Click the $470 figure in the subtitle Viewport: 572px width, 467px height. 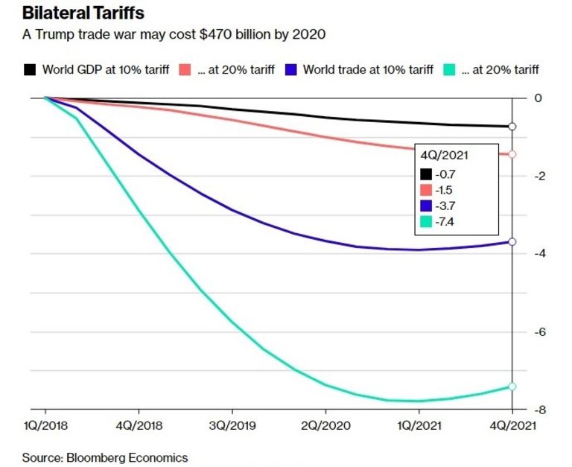click(187, 35)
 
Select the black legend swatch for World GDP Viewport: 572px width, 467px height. click(30, 70)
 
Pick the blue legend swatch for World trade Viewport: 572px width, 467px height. click(291, 70)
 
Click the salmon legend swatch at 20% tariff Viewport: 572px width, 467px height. click(185, 70)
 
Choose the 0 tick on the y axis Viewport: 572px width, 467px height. click(538, 98)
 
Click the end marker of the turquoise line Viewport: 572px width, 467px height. click(512, 386)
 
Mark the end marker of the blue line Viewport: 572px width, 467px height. click(512, 241)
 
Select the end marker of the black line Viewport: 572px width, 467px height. click(512, 127)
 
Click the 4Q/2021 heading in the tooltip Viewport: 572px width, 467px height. click(445, 155)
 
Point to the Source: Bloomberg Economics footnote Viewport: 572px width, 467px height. click(104, 457)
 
